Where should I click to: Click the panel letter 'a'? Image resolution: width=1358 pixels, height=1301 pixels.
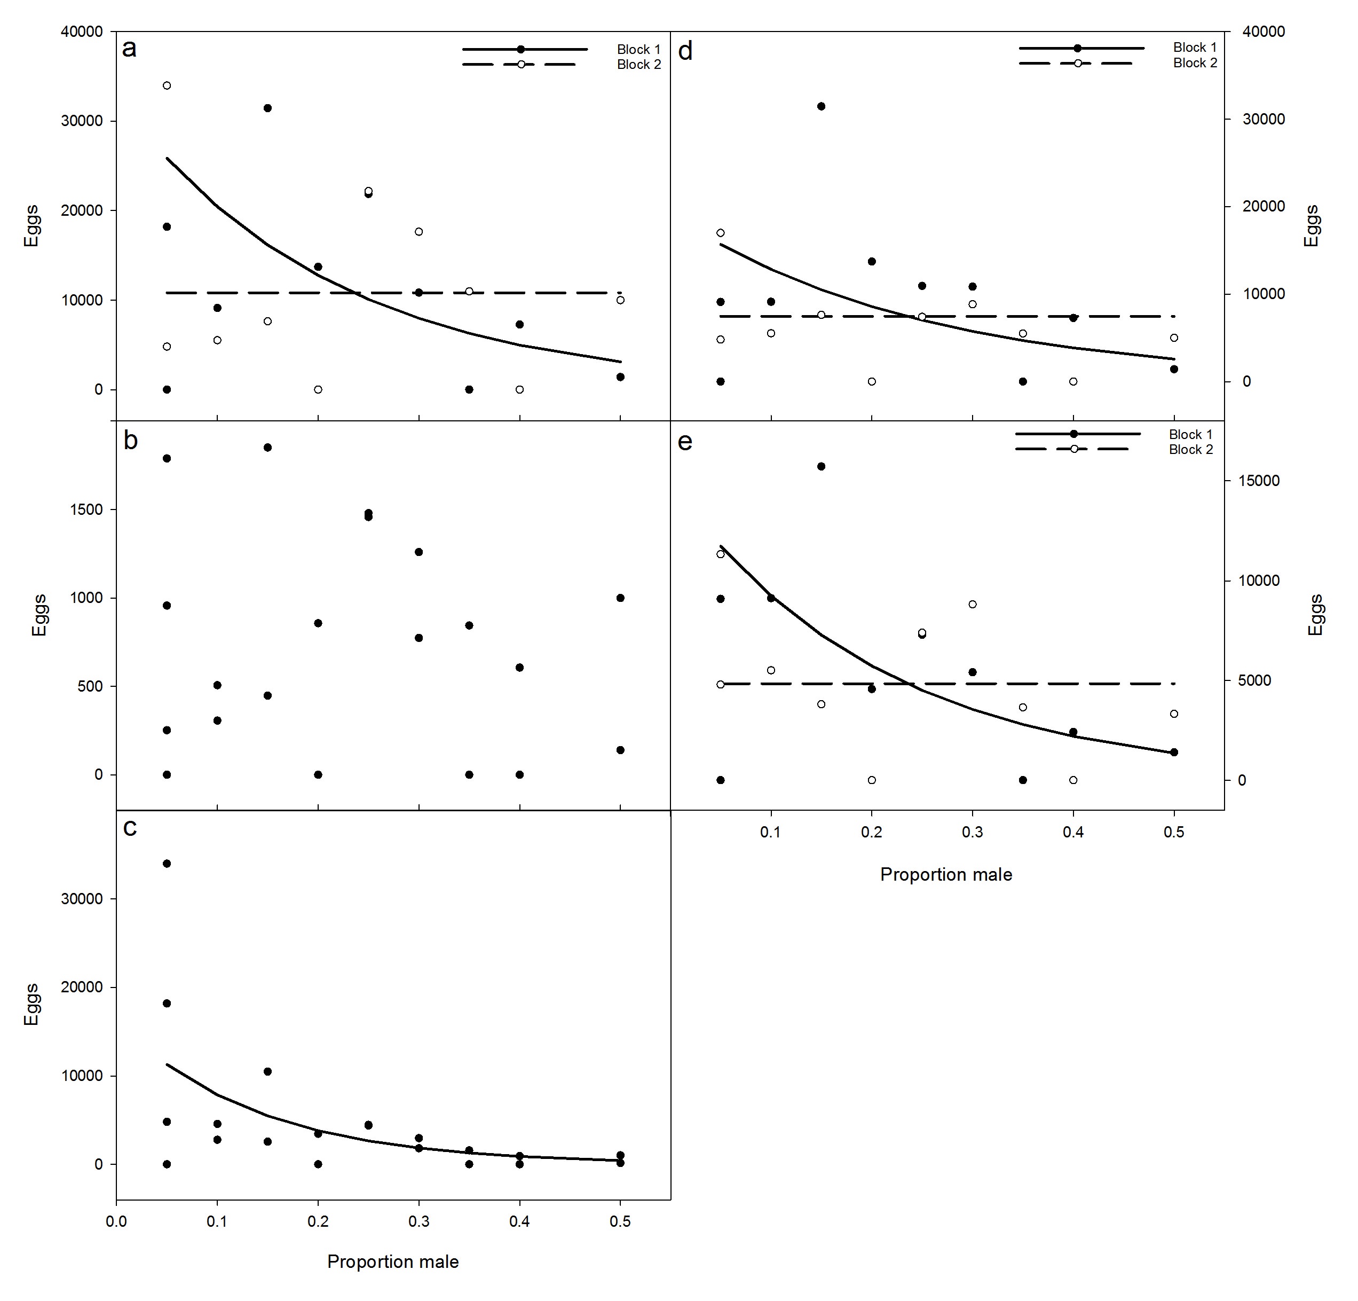(x=130, y=49)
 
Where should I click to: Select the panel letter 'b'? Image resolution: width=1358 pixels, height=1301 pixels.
(x=130, y=441)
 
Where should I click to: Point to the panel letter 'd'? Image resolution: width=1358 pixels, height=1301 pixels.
(x=685, y=51)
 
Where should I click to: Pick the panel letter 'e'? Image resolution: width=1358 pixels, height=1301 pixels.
(x=684, y=442)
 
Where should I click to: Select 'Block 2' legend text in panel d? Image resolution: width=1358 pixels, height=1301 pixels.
(x=1195, y=63)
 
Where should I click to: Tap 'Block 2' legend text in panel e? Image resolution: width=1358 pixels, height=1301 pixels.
(x=1190, y=450)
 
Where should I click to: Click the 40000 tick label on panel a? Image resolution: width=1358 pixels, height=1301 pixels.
(x=81, y=32)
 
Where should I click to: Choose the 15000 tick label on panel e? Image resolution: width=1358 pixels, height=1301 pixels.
(x=1259, y=481)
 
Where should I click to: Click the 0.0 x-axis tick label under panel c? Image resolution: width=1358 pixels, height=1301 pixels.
(x=116, y=1221)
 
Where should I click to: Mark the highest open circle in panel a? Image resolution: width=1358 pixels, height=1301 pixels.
(x=167, y=86)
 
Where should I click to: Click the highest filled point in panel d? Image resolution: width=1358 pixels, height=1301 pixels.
(x=821, y=106)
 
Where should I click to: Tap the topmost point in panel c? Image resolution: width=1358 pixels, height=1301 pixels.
(x=167, y=864)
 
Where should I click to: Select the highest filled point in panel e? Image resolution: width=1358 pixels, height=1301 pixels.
(x=821, y=466)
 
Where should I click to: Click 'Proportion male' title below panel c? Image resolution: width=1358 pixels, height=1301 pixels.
(x=393, y=1261)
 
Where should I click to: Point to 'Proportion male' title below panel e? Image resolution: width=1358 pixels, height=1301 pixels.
(x=946, y=875)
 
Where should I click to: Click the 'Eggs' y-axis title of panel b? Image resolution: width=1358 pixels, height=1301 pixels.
(x=40, y=615)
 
